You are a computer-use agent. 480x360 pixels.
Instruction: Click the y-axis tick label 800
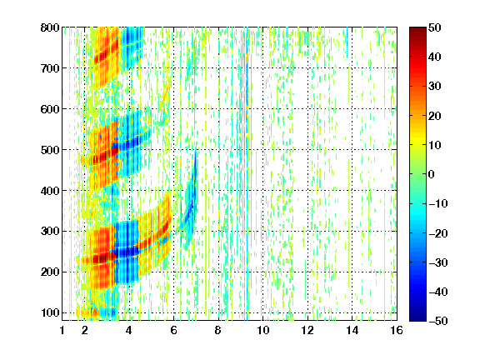[50, 27]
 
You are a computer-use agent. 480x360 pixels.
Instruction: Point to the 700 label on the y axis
[50, 68]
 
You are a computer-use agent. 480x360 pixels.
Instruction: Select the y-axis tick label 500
[50, 150]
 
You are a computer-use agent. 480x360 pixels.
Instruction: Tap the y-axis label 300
[50, 232]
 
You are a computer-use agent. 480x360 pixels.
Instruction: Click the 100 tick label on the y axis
[50, 312]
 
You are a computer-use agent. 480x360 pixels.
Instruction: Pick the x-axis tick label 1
[62, 330]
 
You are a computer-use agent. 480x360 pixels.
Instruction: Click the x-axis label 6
[174, 330]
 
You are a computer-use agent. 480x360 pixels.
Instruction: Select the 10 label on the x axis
[263, 330]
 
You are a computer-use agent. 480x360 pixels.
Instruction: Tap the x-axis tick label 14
[352, 330]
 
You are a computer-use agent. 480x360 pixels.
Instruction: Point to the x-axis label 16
[397, 330]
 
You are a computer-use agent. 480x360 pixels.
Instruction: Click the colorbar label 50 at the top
[435, 27]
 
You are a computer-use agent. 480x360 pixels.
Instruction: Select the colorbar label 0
[432, 174]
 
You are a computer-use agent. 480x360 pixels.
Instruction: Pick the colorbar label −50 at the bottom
[438, 321]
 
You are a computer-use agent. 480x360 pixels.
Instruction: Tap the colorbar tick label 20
[435, 116]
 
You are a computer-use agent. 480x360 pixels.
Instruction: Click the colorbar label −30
[438, 262]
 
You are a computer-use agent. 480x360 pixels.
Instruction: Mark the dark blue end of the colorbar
[417, 318]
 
